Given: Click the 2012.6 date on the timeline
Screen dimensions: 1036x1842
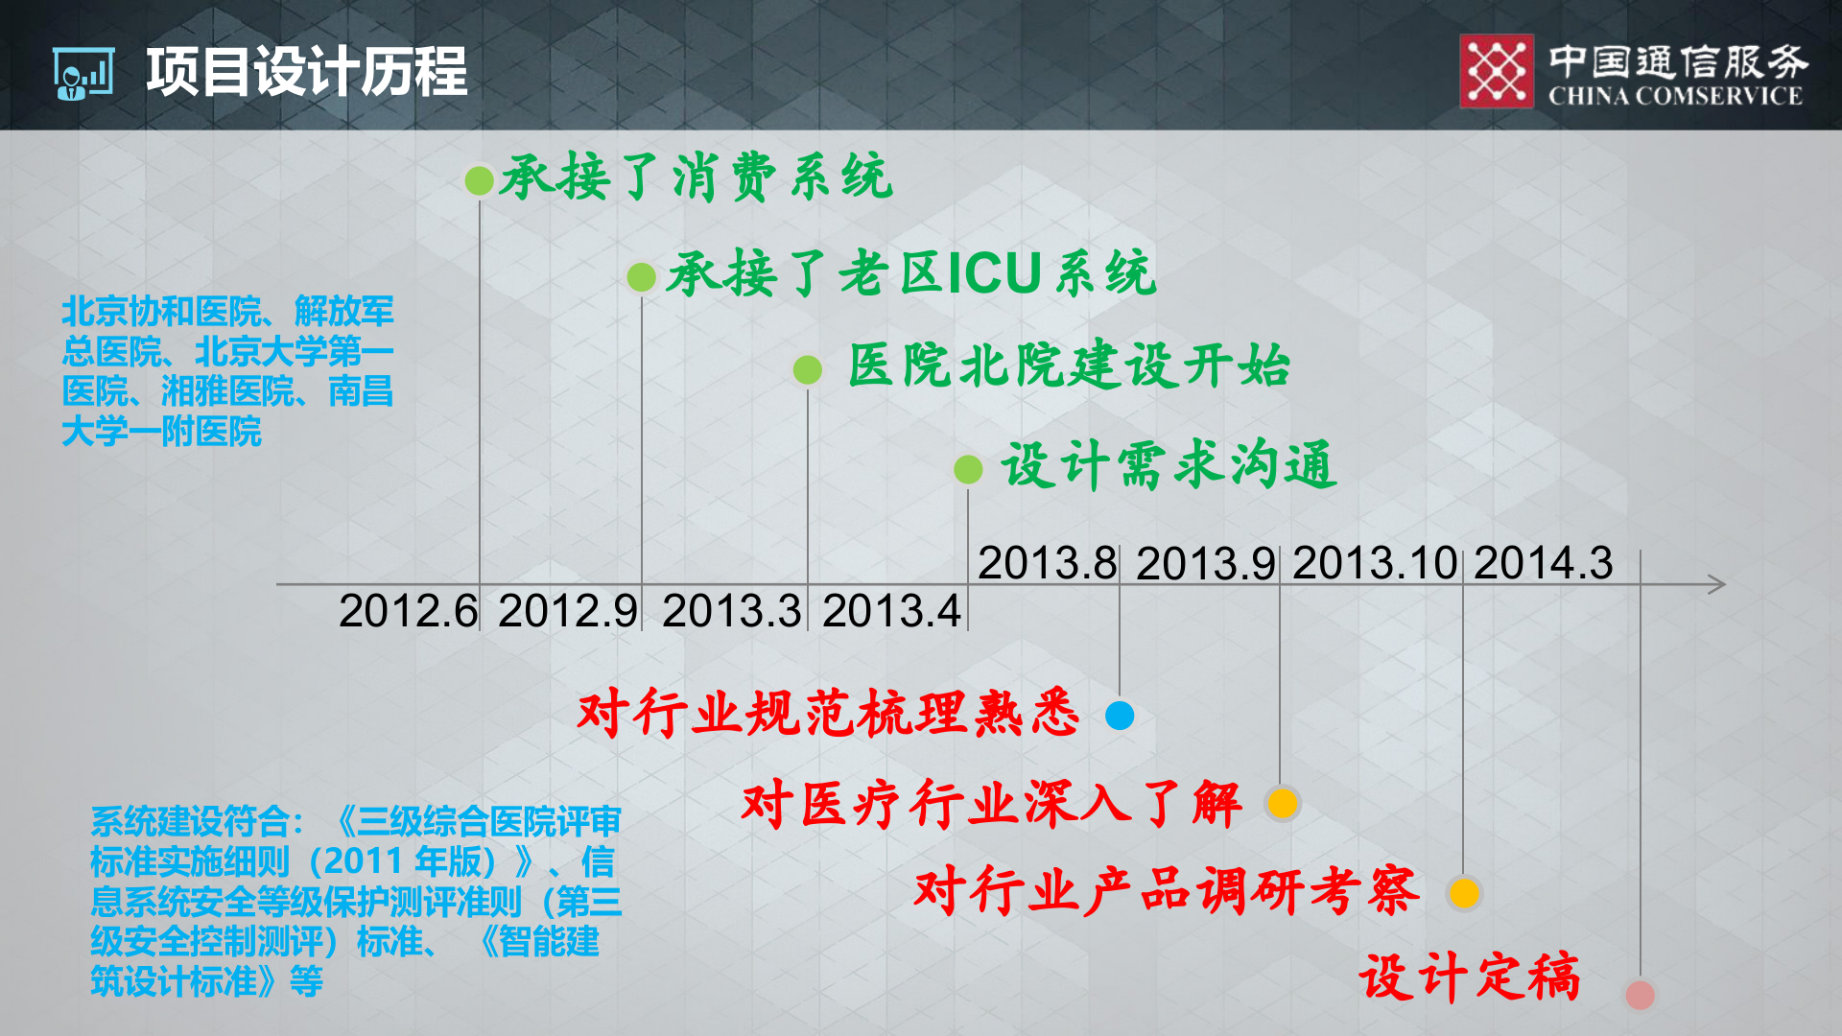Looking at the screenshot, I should (408, 611).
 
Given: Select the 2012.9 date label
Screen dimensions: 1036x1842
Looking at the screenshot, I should (568, 611).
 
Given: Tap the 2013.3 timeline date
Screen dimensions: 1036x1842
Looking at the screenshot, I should (731, 611).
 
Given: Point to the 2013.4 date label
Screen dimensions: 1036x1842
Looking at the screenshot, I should (891, 611).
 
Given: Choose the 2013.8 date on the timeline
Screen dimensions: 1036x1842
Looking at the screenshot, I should (1048, 563).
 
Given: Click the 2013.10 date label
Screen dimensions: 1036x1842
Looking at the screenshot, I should (1375, 563).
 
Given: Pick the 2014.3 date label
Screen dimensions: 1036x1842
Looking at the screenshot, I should (1544, 563).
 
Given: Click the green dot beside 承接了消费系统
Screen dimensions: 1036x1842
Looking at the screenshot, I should (479, 180).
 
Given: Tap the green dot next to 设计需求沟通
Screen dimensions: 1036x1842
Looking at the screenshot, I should (968, 470).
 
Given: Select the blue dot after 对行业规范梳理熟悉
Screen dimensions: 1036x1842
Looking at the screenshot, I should (1120, 716).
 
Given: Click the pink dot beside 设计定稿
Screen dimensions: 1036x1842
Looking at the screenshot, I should (1640, 995).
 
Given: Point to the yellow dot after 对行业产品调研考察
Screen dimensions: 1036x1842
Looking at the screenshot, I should (1464, 893).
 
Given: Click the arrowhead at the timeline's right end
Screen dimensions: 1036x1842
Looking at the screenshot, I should (1717, 584).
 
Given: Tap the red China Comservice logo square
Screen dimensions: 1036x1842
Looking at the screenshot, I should (1497, 71).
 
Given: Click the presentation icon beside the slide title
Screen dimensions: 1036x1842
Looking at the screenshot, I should (83, 74).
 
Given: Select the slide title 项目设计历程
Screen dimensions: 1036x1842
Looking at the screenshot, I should (307, 72).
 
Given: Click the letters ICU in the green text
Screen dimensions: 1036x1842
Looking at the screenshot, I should (994, 274).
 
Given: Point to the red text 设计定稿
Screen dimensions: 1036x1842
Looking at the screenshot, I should (1469, 977).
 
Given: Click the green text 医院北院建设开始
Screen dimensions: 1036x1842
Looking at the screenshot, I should (1069, 366).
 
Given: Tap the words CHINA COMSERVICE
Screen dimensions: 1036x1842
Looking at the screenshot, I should (1675, 96).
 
